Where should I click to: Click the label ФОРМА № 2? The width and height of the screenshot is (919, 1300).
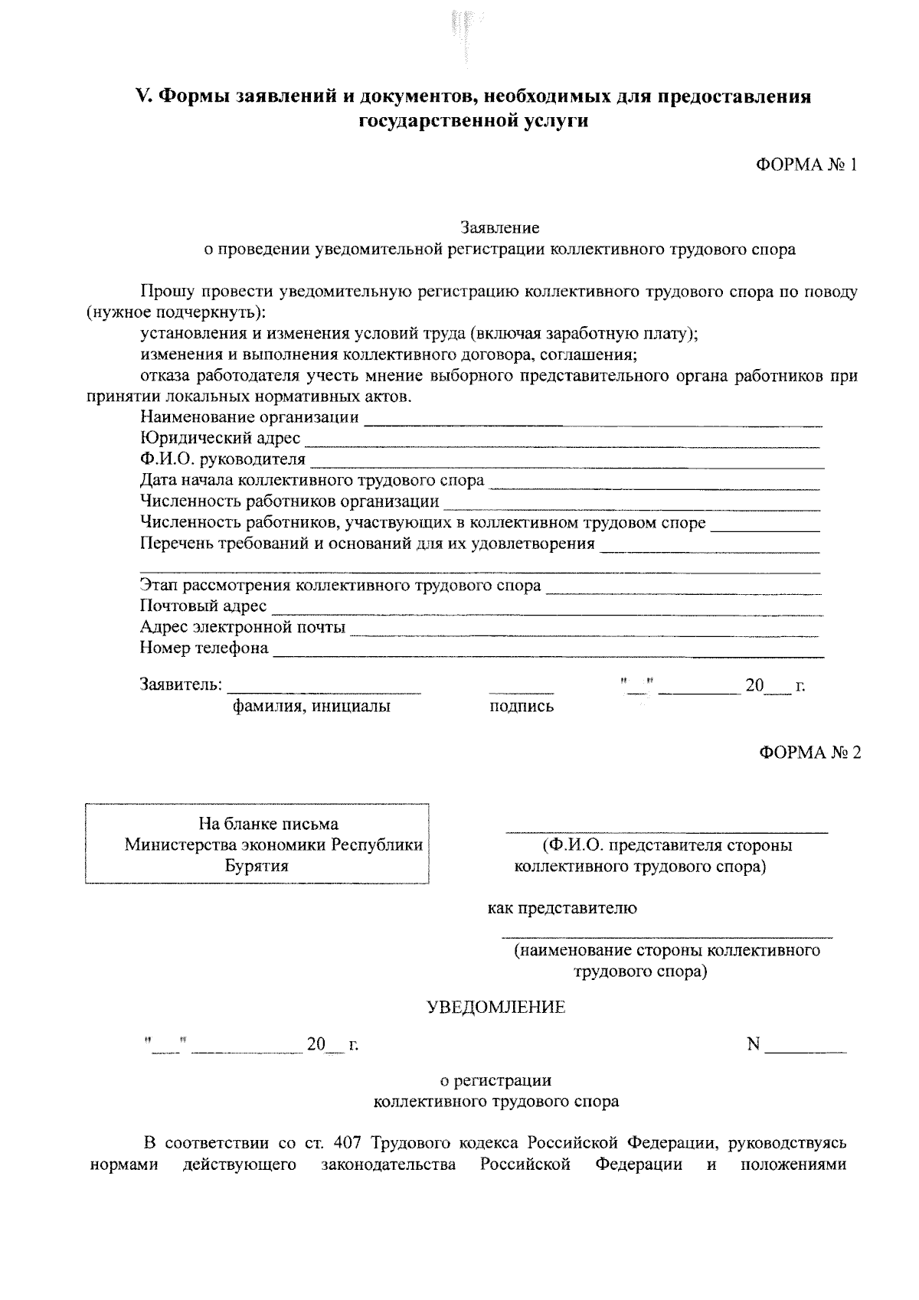(x=809, y=753)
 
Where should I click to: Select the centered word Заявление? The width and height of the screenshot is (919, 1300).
(x=499, y=227)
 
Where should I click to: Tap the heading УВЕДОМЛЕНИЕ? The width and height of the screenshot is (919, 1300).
(x=495, y=1008)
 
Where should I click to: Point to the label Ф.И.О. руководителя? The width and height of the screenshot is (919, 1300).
(x=222, y=459)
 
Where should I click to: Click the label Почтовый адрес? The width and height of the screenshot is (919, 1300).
(x=203, y=606)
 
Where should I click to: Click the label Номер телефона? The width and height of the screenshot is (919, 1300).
(x=204, y=648)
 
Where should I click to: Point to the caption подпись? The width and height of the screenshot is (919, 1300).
(x=521, y=707)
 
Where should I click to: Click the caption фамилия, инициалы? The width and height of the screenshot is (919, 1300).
(x=312, y=707)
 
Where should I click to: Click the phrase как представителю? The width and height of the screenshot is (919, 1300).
(x=562, y=909)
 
